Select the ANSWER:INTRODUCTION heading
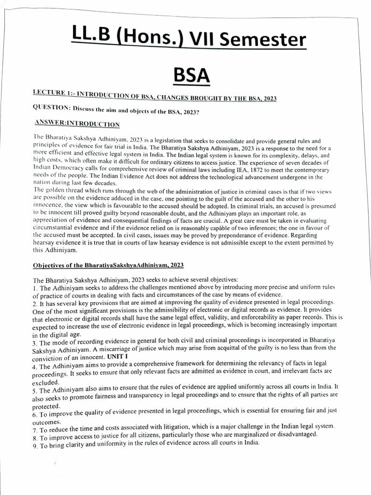click(78, 124)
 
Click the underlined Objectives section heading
click(108, 265)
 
